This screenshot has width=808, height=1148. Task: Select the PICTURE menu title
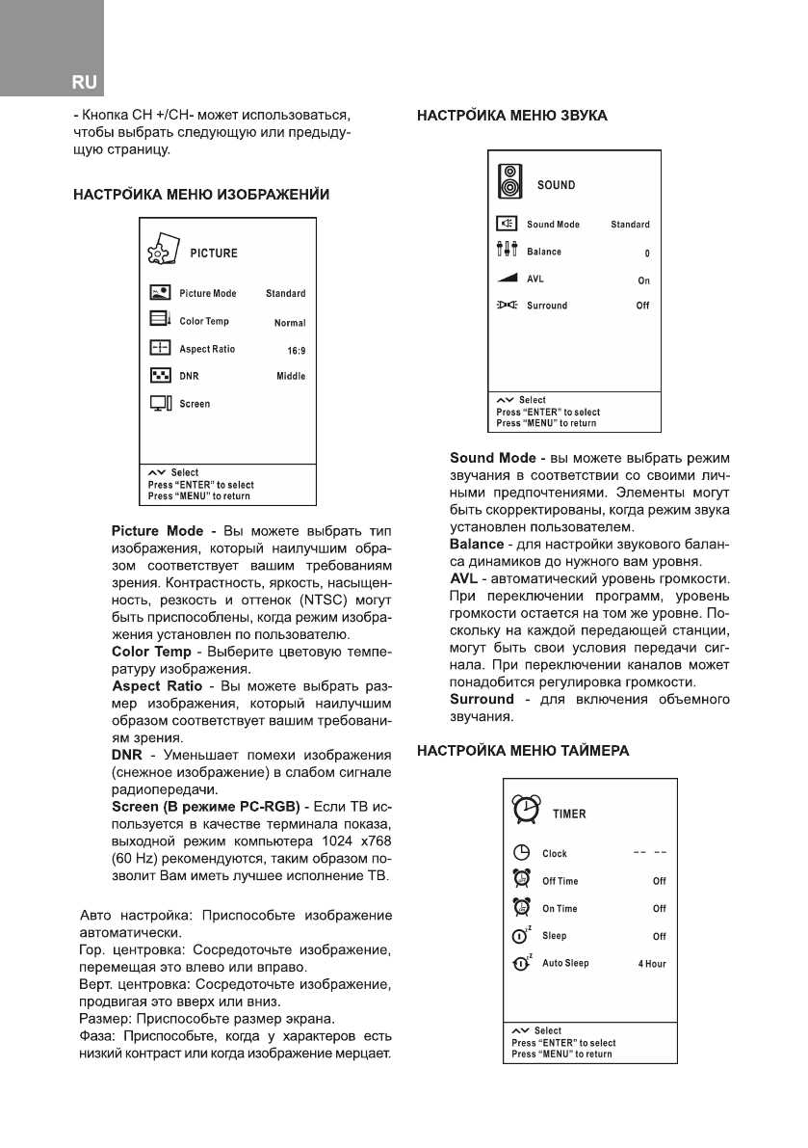[213, 254]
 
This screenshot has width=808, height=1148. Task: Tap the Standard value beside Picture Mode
[285, 294]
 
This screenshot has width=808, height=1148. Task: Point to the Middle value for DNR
[290, 377]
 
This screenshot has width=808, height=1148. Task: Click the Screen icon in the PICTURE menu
[161, 404]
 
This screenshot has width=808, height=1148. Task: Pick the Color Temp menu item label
[204, 322]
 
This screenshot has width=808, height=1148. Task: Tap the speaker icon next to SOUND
[508, 182]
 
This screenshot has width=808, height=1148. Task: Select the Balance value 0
[647, 254]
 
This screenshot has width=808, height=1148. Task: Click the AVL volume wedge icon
[508, 280]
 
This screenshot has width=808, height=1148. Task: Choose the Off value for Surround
[642, 307]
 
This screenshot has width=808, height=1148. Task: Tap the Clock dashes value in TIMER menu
[650, 853]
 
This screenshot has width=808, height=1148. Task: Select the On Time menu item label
[560, 909]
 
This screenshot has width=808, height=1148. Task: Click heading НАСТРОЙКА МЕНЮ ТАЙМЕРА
[523, 751]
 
